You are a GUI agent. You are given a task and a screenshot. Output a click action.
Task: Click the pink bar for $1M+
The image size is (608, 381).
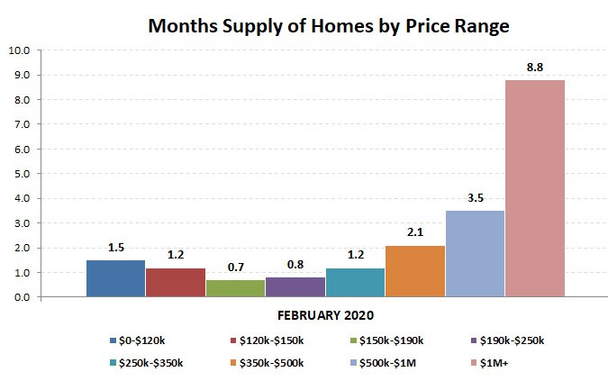tap(534, 188)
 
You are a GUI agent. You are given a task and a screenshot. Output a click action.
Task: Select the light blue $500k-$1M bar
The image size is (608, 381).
tap(475, 253)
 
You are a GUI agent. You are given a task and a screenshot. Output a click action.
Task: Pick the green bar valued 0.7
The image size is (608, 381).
tap(235, 288)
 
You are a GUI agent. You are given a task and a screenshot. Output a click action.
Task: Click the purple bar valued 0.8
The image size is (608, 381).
tap(295, 286)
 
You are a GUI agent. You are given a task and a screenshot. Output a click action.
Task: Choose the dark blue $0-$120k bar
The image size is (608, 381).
tap(115, 278)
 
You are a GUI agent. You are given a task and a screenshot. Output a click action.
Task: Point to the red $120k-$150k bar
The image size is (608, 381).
tap(175, 282)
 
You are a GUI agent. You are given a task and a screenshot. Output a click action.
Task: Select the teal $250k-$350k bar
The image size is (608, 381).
tap(355, 282)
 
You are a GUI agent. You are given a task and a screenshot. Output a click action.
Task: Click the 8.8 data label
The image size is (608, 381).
tap(535, 66)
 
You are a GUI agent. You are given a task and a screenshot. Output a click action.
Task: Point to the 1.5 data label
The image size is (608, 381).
tap(115, 246)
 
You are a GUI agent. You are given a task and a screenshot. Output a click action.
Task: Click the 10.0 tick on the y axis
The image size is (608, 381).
tap(19, 50)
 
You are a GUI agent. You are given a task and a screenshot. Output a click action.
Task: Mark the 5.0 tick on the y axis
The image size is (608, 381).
tap(19, 174)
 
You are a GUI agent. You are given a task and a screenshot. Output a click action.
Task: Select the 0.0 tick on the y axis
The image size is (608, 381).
tap(19, 297)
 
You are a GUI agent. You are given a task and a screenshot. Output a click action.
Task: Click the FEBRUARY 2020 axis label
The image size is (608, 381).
tap(324, 316)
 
